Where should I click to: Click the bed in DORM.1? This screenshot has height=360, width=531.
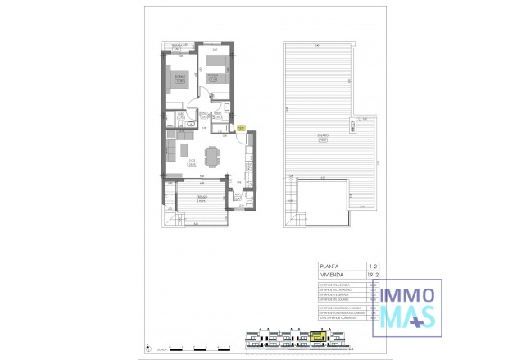point(178,80)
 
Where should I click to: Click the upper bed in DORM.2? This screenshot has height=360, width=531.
point(216,80)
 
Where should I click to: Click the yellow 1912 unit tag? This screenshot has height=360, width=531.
point(241,128)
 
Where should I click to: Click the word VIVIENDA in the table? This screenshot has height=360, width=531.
point(333,275)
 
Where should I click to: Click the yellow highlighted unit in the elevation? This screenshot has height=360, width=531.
point(319,335)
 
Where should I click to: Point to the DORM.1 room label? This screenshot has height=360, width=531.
point(178,75)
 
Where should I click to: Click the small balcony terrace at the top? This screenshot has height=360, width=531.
point(175,47)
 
